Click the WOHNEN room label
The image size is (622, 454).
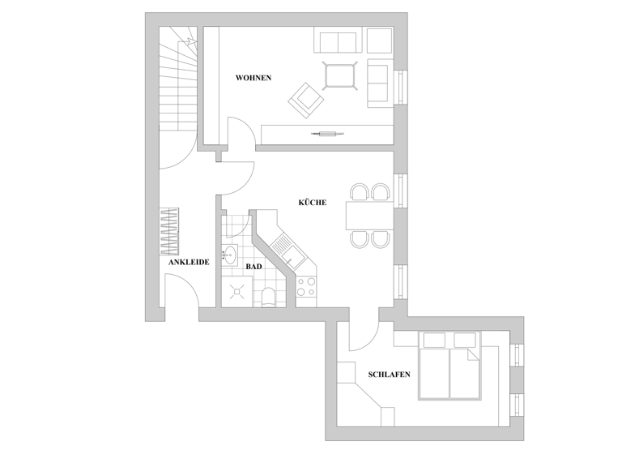click(253, 78)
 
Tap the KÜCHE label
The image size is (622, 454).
click(312, 203)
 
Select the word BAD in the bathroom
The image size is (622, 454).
click(253, 266)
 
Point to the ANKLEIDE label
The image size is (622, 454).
click(189, 263)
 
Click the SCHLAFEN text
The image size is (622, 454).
click(389, 375)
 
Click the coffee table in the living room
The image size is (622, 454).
click(340, 75)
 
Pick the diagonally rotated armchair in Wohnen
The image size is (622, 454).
click(305, 100)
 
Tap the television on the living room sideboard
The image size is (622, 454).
click(329, 132)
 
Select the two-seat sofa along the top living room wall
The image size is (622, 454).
click(337, 41)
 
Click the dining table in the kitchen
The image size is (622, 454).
click(369, 216)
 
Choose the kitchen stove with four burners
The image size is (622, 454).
click(307, 286)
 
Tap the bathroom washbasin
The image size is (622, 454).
click(229, 254)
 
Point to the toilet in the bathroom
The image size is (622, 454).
click(268, 295)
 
